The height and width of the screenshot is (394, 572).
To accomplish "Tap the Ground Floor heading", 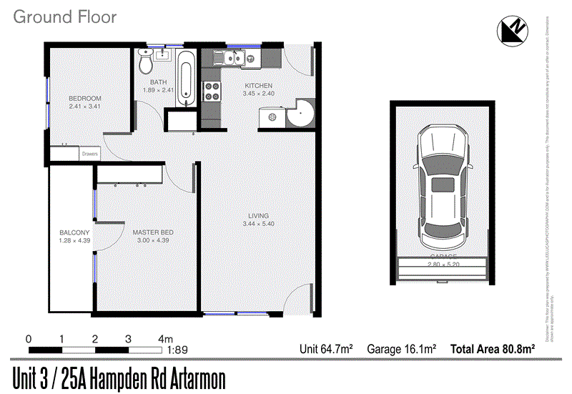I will [x=64, y=17].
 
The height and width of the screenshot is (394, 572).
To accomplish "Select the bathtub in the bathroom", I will [x=184, y=79].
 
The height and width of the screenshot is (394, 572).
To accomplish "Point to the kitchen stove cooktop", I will [x=212, y=91].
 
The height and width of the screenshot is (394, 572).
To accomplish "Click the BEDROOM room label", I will [x=85, y=99].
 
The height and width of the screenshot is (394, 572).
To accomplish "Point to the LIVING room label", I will [x=258, y=216].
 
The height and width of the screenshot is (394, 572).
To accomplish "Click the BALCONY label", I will [x=74, y=232].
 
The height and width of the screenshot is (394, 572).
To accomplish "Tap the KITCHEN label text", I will [x=258, y=86].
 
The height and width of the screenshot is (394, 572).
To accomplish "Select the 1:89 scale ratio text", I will [x=178, y=350].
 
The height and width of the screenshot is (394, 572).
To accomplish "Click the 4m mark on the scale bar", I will [x=165, y=338].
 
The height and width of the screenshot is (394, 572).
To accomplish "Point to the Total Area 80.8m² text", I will [x=493, y=350].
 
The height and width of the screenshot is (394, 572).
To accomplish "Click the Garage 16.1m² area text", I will [x=401, y=350].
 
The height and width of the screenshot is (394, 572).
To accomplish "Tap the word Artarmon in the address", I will [x=192, y=377].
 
